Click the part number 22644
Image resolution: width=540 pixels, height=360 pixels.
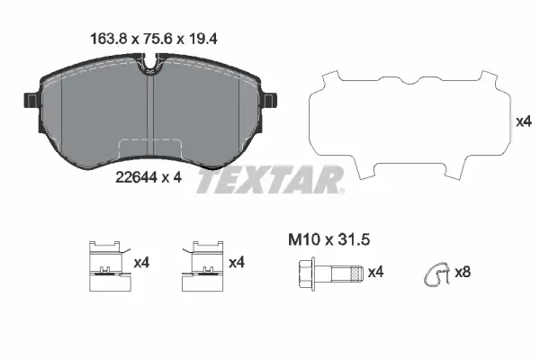[x=136, y=177]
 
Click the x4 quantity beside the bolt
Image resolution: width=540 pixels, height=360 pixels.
[x=375, y=271]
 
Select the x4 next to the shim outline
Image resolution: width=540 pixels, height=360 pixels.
[x=521, y=121]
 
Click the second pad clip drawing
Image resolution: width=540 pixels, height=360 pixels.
[x=203, y=267]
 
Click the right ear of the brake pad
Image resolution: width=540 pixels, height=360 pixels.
[x=268, y=95]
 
